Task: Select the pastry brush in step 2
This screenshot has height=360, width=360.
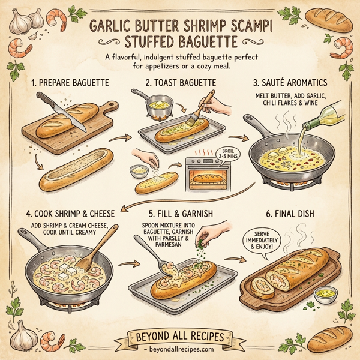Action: pos(202,104)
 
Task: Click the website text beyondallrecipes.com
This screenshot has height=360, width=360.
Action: pos(180,348)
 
